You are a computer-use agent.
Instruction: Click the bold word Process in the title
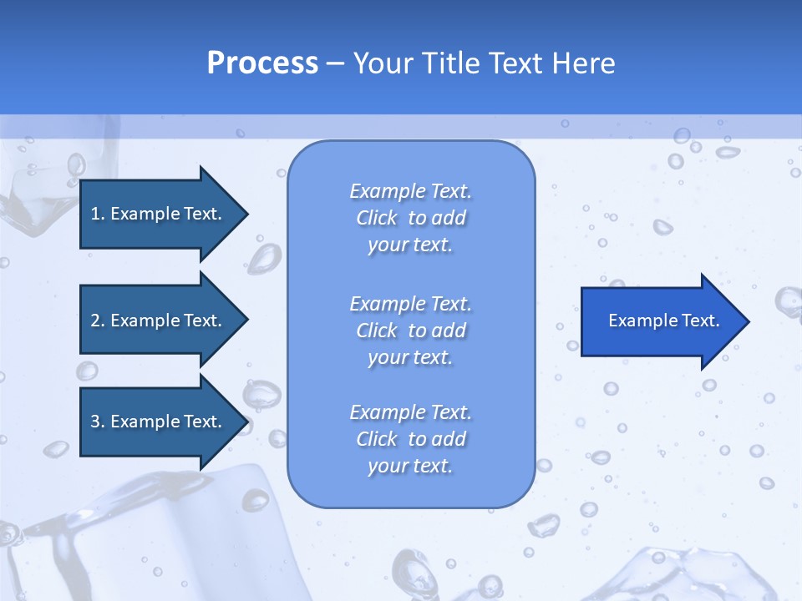coord(262,63)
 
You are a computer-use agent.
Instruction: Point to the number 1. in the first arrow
coord(98,214)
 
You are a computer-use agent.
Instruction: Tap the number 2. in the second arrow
coord(98,321)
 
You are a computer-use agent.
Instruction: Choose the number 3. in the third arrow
coord(98,422)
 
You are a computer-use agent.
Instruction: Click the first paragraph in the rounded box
coord(410,218)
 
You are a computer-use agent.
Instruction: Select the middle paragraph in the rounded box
coord(410,331)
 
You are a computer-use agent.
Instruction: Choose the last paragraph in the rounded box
coord(410,439)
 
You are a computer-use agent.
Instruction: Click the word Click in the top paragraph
coord(377,218)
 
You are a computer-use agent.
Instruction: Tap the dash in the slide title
coord(336,63)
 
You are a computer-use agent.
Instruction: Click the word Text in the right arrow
coord(701,321)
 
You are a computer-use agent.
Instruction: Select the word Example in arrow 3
coord(146,422)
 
